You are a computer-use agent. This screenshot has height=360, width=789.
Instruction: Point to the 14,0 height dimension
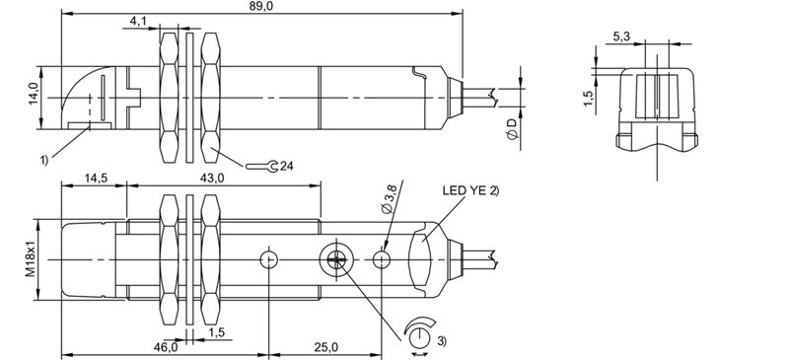click(33, 97)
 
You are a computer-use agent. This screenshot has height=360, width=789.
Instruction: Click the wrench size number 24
click(287, 165)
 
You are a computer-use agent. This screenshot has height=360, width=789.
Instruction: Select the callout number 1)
click(45, 159)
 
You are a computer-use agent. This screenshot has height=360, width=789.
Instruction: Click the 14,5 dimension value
click(97, 178)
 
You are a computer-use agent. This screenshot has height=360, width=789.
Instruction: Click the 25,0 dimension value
click(327, 347)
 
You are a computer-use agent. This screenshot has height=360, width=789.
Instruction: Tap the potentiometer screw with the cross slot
click(332, 258)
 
